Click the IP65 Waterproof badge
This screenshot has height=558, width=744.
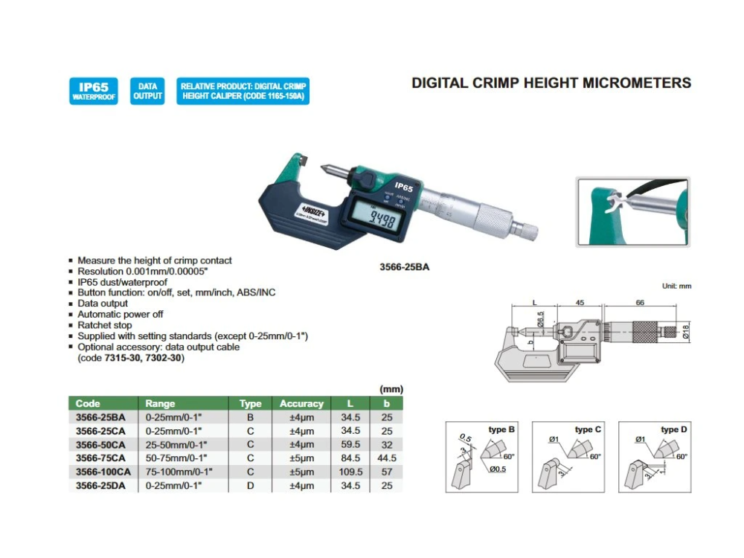pyautogui.click(x=93, y=92)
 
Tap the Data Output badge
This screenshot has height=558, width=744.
pyautogui.click(x=147, y=92)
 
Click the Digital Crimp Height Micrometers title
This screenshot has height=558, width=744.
pyautogui.click(x=551, y=83)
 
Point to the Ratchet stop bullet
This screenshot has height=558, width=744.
pyautogui.click(x=105, y=325)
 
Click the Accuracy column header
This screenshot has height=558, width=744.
pyautogui.click(x=301, y=404)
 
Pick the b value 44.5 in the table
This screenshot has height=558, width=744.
pyautogui.click(x=386, y=458)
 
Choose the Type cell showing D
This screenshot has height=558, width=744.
pyautogui.click(x=250, y=485)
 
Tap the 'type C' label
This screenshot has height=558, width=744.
pyautogui.click(x=588, y=430)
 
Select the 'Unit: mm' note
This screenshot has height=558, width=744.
pyautogui.click(x=676, y=286)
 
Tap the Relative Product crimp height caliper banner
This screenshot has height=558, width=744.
pyautogui.click(x=243, y=92)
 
